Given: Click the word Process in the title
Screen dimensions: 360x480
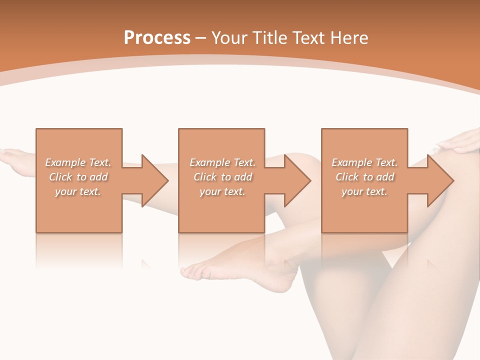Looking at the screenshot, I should [x=157, y=37].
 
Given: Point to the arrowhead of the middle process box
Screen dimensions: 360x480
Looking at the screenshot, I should [x=297, y=181].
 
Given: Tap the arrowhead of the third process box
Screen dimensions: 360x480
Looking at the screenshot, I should [x=440, y=181].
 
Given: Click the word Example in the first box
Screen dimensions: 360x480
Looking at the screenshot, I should [x=65, y=162].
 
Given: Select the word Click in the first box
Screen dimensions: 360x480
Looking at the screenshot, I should [x=61, y=177].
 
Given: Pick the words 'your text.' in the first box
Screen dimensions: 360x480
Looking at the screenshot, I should [x=78, y=191].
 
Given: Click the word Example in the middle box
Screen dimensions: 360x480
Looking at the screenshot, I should [x=209, y=162].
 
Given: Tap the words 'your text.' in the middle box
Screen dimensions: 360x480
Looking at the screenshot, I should [x=222, y=191].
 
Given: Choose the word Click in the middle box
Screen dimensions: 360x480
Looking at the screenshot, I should [x=205, y=177].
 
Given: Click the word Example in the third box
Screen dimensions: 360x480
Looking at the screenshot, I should [x=351, y=162].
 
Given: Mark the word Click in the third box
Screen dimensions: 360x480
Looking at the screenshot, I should [x=347, y=177].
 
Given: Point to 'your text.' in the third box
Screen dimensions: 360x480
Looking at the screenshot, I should [x=364, y=191].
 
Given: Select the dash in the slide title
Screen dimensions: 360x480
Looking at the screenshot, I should [x=201, y=37].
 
